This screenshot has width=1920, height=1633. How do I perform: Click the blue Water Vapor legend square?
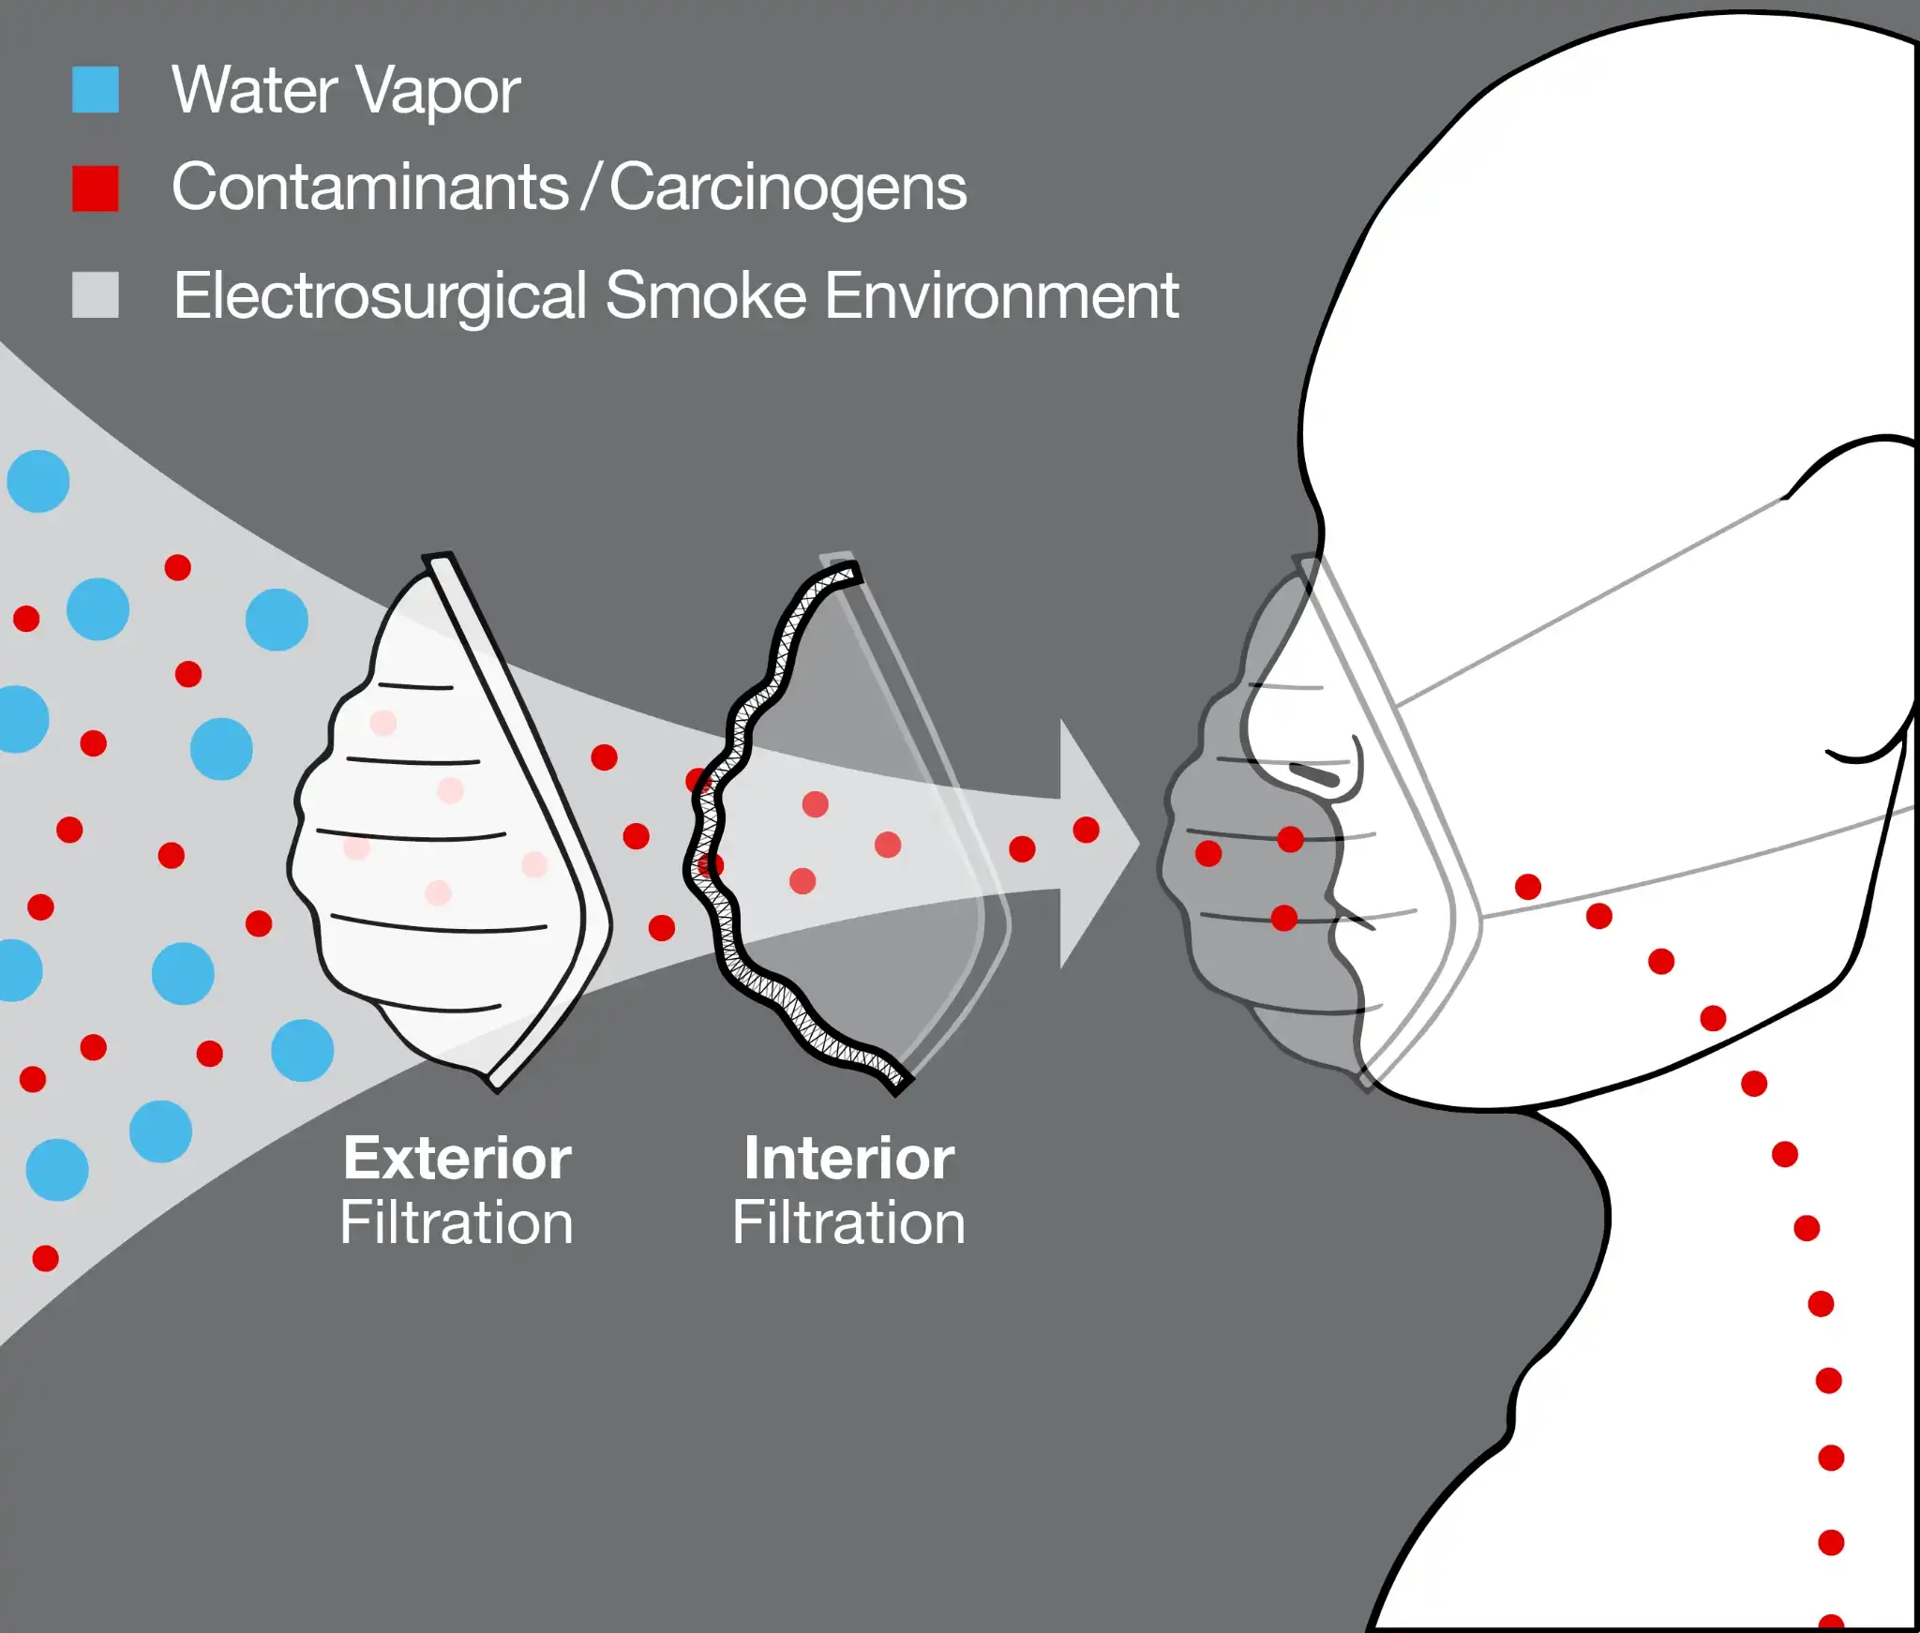(x=96, y=90)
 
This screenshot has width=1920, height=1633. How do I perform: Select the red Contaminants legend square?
(x=96, y=188)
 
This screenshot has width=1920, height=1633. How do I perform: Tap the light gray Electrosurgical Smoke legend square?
(x=96, y=295)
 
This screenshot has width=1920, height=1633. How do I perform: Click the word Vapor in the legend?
(x=438, y=92)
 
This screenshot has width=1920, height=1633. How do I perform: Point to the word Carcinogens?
(x=787, y=188)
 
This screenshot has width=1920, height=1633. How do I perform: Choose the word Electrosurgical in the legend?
(x=381, y=296)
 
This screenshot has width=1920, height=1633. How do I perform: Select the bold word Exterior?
(x=457, y=1159)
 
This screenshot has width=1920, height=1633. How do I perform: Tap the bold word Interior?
(x=848, y=1159)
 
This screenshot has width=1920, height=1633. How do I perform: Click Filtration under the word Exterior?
(x=457, y=1223)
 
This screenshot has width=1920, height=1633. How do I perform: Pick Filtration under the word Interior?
(x=848, y=1223)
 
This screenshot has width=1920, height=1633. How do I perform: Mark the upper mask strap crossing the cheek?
(x=1594, y=600)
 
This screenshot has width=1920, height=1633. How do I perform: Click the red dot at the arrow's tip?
(x=1086, y=830)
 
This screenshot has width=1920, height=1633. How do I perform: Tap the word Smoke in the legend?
(x=706, y=296)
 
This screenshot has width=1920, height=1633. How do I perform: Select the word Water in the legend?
(x=254, y=92)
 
